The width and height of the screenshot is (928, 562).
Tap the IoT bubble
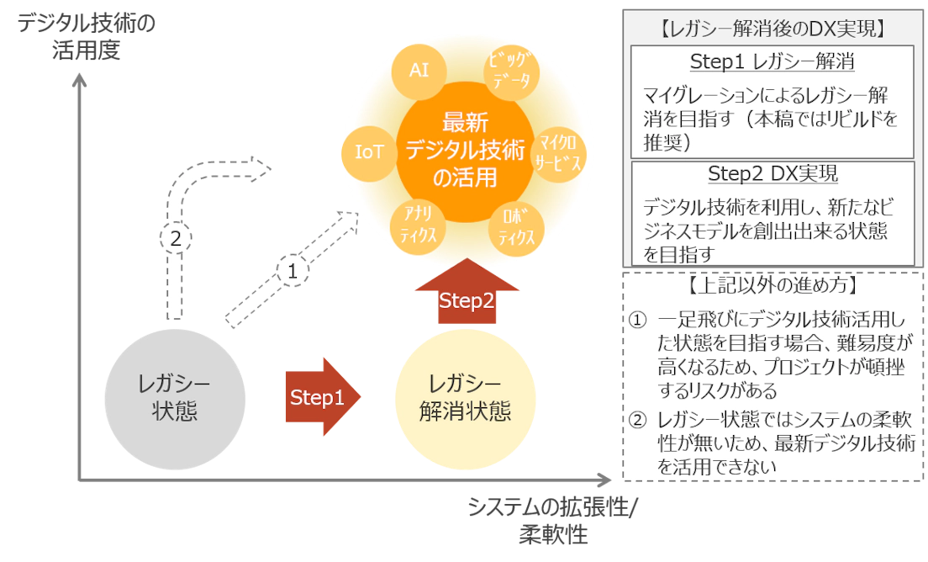(x=370, y=151)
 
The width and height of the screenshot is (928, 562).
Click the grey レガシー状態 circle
(x=175, y=400)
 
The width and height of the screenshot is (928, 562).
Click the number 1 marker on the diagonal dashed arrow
(x=293, y=272)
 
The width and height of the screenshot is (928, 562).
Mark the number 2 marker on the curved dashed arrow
(x=175, y=239)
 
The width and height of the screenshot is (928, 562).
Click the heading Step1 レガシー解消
(x=772, y=62)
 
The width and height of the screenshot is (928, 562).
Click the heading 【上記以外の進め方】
(x=772, y=286)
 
